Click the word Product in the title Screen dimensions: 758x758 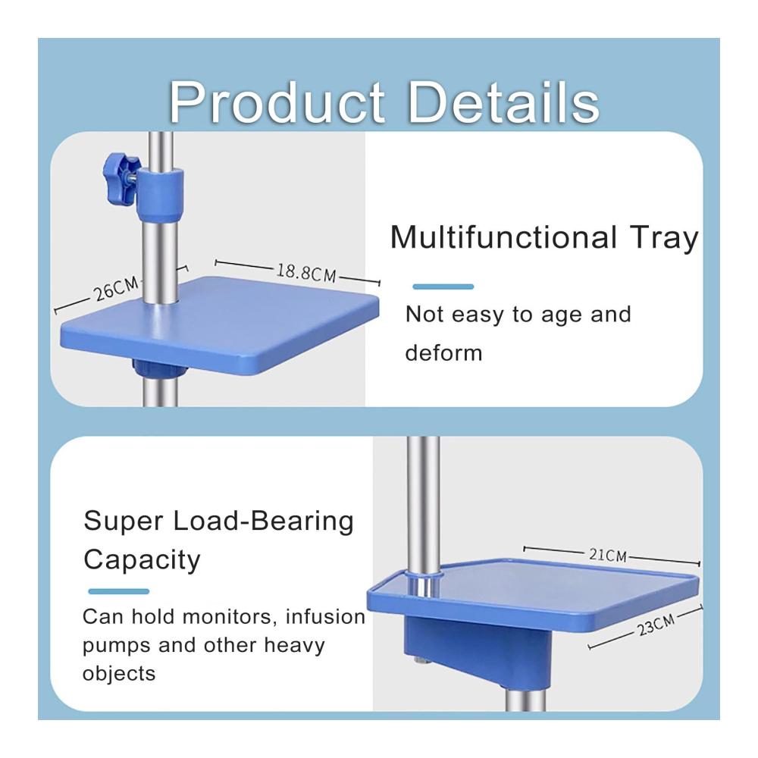(x=277, y=103)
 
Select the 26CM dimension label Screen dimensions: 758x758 (x=117, y=289)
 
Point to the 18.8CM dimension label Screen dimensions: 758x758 (x=306, y=273)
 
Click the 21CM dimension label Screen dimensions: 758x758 (x=608, y=555)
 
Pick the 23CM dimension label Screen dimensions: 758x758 (x=656, y=625)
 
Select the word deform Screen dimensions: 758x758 (x=443, y=352)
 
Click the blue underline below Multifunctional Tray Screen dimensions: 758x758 (x=443, y=287)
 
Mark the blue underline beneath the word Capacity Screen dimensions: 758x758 (x=118, y=591)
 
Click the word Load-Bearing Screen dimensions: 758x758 (x=264, y=522)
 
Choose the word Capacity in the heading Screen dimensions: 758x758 (x=142, y=560)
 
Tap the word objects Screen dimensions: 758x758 (x=119, y=673)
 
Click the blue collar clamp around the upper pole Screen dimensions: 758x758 (x=159, y=194)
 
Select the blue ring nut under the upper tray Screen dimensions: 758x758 (x=160, y=368)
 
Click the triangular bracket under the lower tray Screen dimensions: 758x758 (x=478, y=650)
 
